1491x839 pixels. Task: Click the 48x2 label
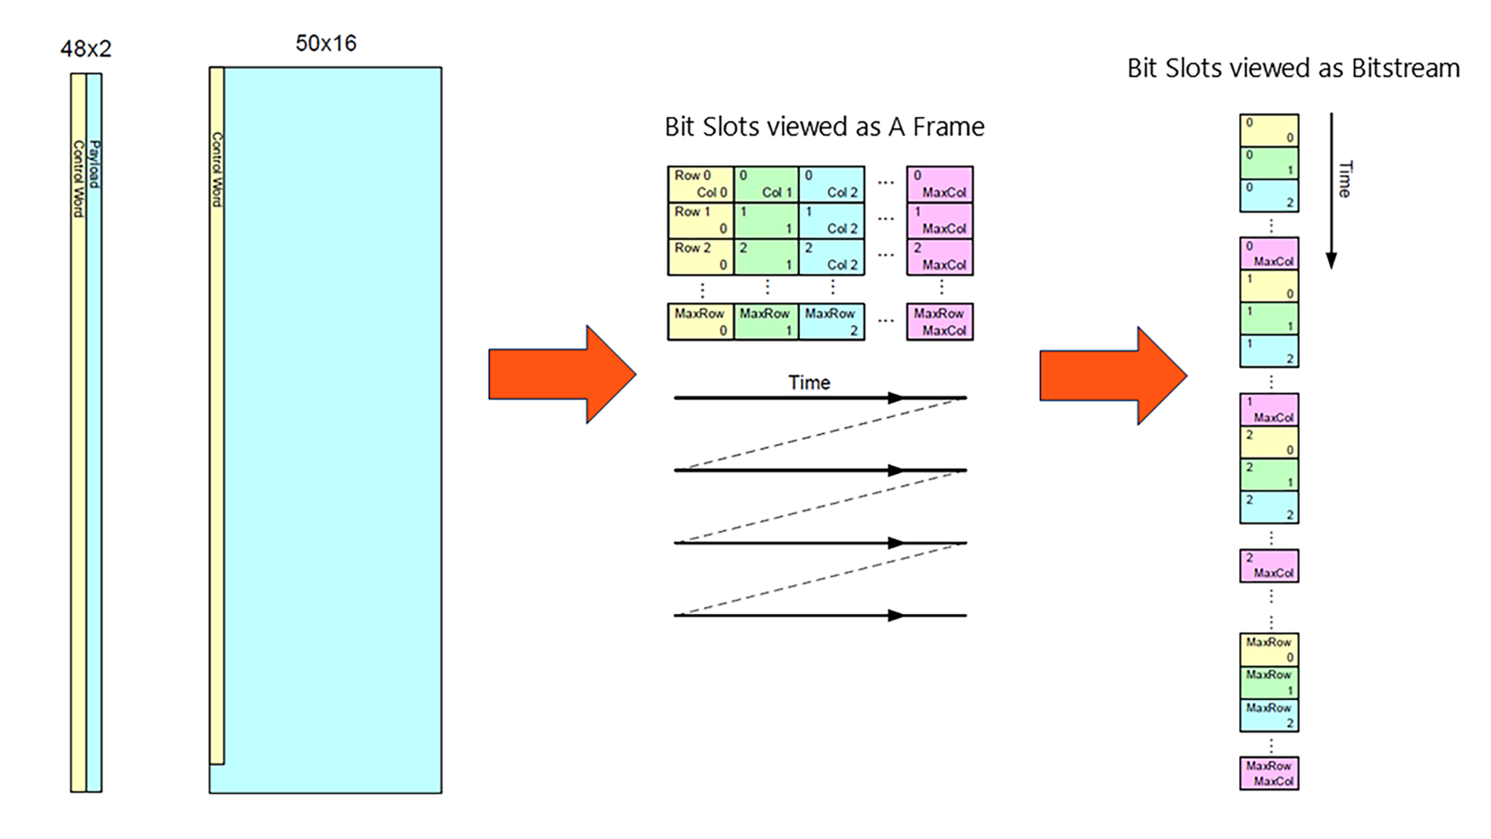click(x=86, y=49)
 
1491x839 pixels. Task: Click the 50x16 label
click(x=325, y=43)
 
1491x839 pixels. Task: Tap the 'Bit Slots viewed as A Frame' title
click(x=824, y=127)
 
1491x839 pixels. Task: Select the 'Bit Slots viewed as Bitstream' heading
click(x=1293, y=68)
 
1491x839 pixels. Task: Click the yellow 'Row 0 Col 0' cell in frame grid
click(x=700, y=184)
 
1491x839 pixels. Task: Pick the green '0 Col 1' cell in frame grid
click(x=766, y=184)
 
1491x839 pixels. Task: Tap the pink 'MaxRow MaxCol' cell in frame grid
click(x=939, y=322)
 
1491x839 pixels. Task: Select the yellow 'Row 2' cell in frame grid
click(x=700, y=256)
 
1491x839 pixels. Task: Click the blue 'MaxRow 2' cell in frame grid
click(x=831, y=322)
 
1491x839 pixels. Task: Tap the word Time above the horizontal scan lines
click(x=809, y=382)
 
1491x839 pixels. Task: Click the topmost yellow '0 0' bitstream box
click(x=1269, y=130)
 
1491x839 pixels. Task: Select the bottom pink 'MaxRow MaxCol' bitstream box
click(x=1269, y=773)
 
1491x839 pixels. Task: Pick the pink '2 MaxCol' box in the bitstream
click(x=1269, y=566)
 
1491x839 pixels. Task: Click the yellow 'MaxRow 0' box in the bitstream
click(x=1269, y=650)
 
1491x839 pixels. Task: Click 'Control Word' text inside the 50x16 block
click(x=216, y=169)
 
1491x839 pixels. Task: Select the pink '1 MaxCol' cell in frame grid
click(x=939, y=220)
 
